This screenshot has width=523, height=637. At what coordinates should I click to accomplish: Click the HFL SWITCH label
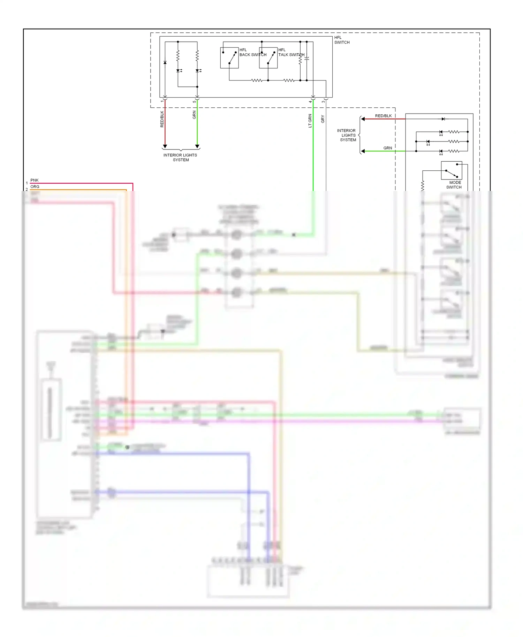tap(341, 40)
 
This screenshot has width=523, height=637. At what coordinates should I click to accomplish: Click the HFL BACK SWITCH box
tap(229, 58)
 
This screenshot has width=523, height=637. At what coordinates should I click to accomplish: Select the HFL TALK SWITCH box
tap(268, 58)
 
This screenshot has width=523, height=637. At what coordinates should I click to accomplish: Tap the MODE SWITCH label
tap(454, 185)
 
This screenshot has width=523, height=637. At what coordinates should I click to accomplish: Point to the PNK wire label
tap(34, 180)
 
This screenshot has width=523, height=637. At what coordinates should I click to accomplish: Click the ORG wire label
tap(35, 186)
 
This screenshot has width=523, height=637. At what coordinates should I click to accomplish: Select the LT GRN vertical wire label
tap(310, 121)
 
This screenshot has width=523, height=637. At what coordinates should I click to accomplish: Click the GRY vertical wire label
tap(323, 119)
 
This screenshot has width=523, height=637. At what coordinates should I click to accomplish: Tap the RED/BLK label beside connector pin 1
tap(162, 119)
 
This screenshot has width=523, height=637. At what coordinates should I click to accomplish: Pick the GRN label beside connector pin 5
tap(194, 115)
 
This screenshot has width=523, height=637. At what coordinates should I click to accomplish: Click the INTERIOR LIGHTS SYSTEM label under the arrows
tap(180, 158)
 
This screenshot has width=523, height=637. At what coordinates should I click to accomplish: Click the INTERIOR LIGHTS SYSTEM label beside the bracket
tap(347, 135)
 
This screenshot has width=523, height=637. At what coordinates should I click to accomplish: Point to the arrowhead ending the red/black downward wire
tap(165, 146)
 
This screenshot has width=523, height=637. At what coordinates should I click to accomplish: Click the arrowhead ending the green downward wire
tap(197, 146)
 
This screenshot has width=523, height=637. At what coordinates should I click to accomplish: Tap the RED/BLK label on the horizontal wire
tap(383, 116)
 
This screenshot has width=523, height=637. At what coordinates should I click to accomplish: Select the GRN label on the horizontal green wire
tap(387, 148)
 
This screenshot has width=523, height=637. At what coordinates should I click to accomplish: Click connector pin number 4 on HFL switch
tap(310, 102)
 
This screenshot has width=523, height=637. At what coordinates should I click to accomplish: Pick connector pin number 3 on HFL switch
tap(323, 102)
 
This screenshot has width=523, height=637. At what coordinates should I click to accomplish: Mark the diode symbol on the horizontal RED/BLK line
tap(443, 119)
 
